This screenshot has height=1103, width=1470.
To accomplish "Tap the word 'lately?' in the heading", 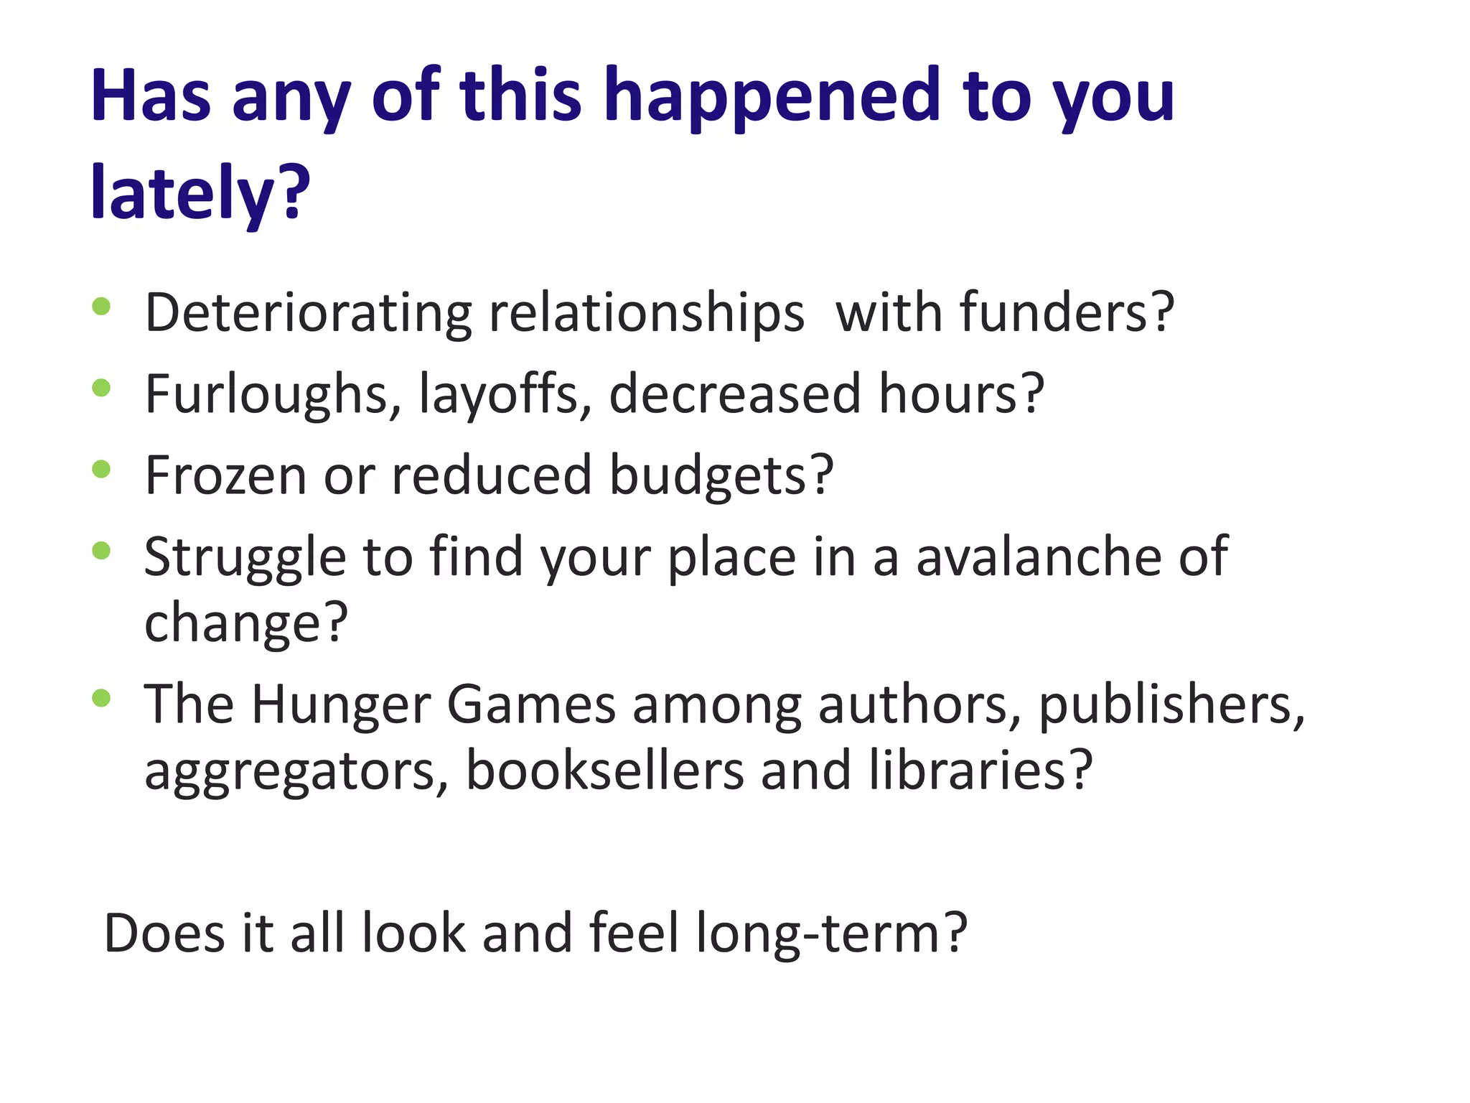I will pos(200,192).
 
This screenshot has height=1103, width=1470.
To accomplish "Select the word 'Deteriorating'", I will pos(308,313).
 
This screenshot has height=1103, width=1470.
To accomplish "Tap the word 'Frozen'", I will pos(225,475).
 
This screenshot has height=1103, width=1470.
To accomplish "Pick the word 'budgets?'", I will pos(721,475).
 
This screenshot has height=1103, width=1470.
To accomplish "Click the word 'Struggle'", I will pos(245,557).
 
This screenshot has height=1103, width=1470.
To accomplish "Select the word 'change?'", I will pos(246,622).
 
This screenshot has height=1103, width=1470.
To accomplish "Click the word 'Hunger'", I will pos(340,704).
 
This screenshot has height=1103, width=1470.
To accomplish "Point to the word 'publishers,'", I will pos(1171,704).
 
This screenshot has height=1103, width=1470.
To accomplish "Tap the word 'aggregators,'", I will pos(296,771).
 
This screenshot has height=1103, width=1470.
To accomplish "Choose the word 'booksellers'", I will pos(604,771).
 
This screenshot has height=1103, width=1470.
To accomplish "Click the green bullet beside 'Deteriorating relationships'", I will pos(101,307).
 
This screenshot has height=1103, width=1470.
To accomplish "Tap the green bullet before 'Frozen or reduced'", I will pos(101,470).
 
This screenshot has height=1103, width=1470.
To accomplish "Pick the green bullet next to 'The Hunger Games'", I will pos(101,698).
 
